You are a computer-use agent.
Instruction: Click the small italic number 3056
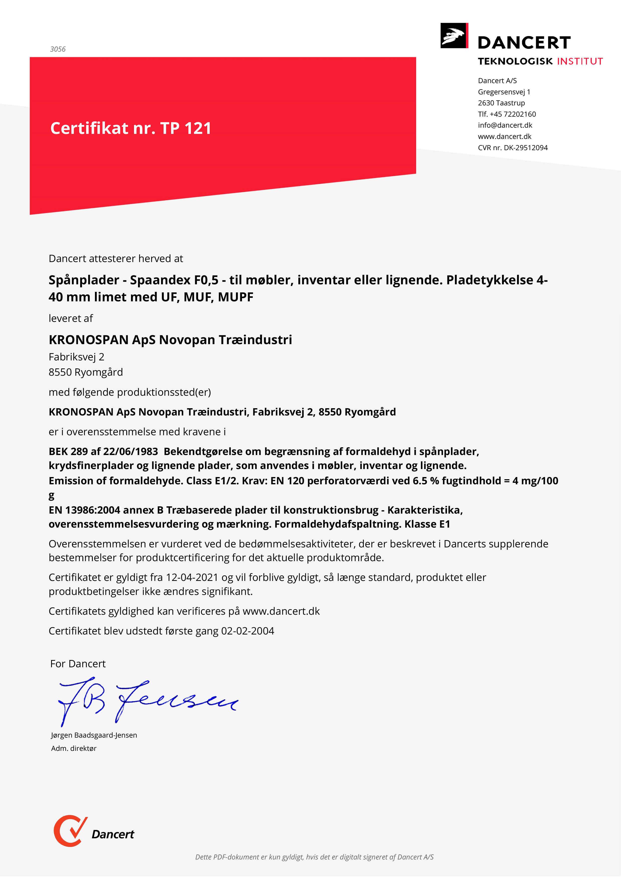(x=58, y=49)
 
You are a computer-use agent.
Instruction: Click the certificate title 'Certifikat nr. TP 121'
(x=131, y=128)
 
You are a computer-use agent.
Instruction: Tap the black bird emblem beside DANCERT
(x=454, y=36)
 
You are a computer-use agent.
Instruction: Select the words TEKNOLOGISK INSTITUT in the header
(x=540, y=61)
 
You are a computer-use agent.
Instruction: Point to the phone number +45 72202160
(x=513, y=114)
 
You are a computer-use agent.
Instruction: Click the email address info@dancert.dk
(x=505, y=125)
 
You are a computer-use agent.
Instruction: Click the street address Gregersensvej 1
(x=504, y=92)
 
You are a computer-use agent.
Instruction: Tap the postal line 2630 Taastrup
(x=501, y=103)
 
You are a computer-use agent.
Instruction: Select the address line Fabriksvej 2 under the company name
(x=76, y=357)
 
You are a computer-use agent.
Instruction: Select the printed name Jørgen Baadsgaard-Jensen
(x=94, y=735)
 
